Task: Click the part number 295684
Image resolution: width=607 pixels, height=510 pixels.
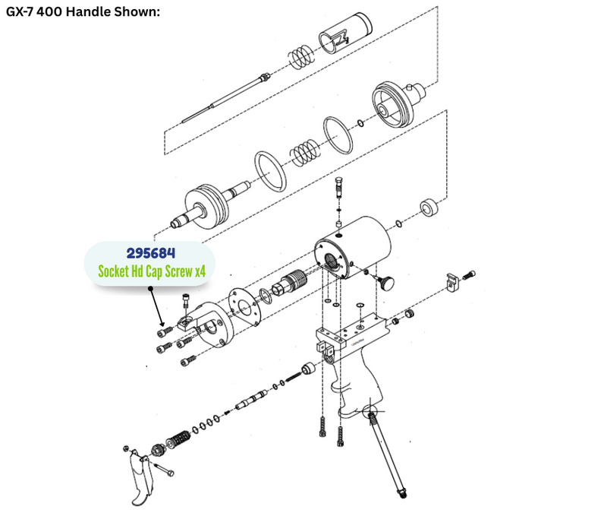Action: point(150,253)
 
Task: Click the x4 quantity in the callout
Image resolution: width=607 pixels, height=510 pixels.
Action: point(200,271)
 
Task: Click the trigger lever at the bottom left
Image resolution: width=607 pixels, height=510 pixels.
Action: point(140,477)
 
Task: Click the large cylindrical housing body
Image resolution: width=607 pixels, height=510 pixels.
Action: point(353,249)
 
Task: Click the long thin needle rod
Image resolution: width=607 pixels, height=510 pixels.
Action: point(225,98)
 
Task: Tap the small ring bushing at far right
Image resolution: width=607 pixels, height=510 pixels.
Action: point(429,208)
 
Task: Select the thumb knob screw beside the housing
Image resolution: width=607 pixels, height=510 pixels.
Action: point(385,281)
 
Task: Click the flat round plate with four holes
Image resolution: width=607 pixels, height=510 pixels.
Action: point(244,307)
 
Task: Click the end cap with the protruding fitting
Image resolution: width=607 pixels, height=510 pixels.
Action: point(397,104)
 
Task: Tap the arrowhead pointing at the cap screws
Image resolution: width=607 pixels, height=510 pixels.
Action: point(162,324)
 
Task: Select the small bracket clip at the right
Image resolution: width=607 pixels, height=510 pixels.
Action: point(452,282)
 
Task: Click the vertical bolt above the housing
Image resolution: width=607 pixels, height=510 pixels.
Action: point(338,188)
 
